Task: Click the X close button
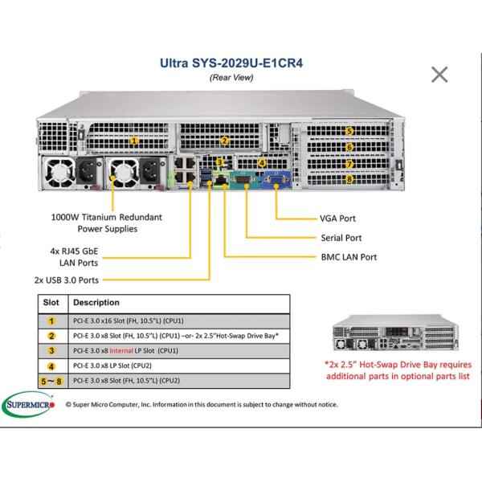click(439, 75)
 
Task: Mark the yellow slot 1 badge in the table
click(51, 321)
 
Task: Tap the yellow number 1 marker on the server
click(134, 140)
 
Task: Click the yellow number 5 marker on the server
click(349, 131)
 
